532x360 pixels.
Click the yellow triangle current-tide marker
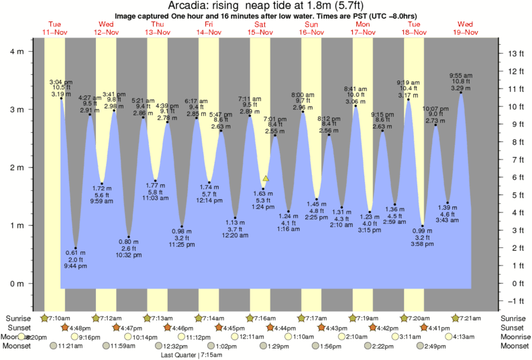(266, 178)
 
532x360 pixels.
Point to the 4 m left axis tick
(18, 51)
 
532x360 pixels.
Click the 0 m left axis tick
(18, 284)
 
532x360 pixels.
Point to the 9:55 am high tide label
(460, 75)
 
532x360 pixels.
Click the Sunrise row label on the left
(18, 318)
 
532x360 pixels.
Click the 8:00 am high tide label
(303, 95)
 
